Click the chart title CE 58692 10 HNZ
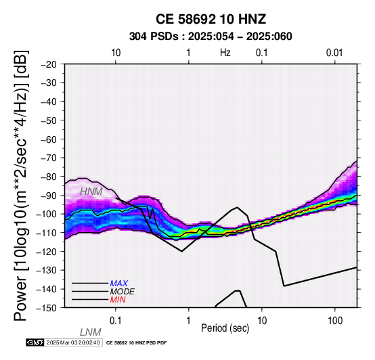[x=211, y=19]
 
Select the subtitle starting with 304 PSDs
[x=211, y=37]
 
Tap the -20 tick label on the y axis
[x=49, y=64]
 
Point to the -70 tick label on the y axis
[x=49, y=158]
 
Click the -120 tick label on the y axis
[x=47, y=252]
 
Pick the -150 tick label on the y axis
[x=47, y=308]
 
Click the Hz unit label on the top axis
[x=225, y=53]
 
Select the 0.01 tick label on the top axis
[x=334, y=53]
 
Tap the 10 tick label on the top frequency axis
[x=116, y=53]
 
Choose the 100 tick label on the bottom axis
[x=335, y=321]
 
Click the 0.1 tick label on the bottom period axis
[x=116, y=321]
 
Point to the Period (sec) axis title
[x=225, y=328]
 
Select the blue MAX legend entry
[x=119, y=284]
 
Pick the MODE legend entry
[x=123, y=292]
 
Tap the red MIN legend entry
[x=118, y=300]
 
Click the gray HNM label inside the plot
[x=91, y=192]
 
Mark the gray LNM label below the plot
[x=91, y=332]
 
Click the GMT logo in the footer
[x=35, y=342]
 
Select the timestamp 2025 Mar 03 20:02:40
[x=73, y=342]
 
